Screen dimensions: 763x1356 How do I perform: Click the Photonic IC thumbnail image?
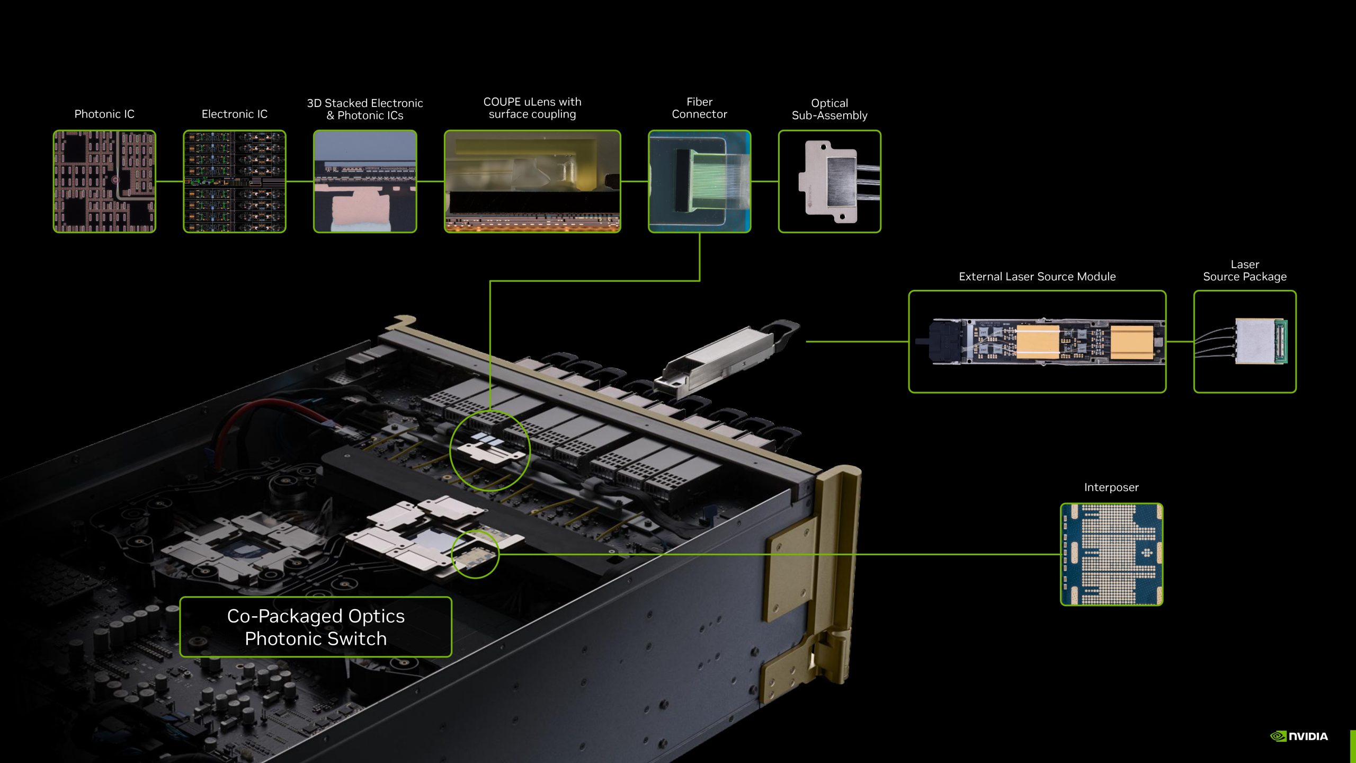[x=104, y=181]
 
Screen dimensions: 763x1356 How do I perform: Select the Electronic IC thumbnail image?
[x=235, y=181]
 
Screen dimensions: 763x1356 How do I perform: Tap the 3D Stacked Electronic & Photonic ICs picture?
[x=365, y=181]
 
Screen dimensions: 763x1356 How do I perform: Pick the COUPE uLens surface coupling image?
[x=532, y=181]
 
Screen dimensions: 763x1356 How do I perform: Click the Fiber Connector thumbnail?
[x=699, y=181]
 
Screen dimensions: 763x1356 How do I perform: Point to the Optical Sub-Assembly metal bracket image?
[x=829, y=181]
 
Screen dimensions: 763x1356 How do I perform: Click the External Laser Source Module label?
[x=1037, y=277]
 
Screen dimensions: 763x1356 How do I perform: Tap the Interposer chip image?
[x=1111, y=554]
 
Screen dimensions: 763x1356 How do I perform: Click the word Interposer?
[x=1111, y=487]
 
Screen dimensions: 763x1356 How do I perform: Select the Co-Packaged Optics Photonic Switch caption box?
[x=316, y=627]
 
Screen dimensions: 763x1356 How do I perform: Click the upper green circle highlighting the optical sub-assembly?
[x=489, y=450]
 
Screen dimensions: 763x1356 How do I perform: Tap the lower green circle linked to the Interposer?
[x=475, y=554]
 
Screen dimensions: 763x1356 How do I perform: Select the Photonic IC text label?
[x=104, y=114]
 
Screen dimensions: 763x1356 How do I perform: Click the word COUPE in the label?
[x=502, y=102]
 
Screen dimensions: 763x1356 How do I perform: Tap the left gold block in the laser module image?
[x=1038, y=342]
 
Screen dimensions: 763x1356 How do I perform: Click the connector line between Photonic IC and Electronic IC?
[x=169, y=181]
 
